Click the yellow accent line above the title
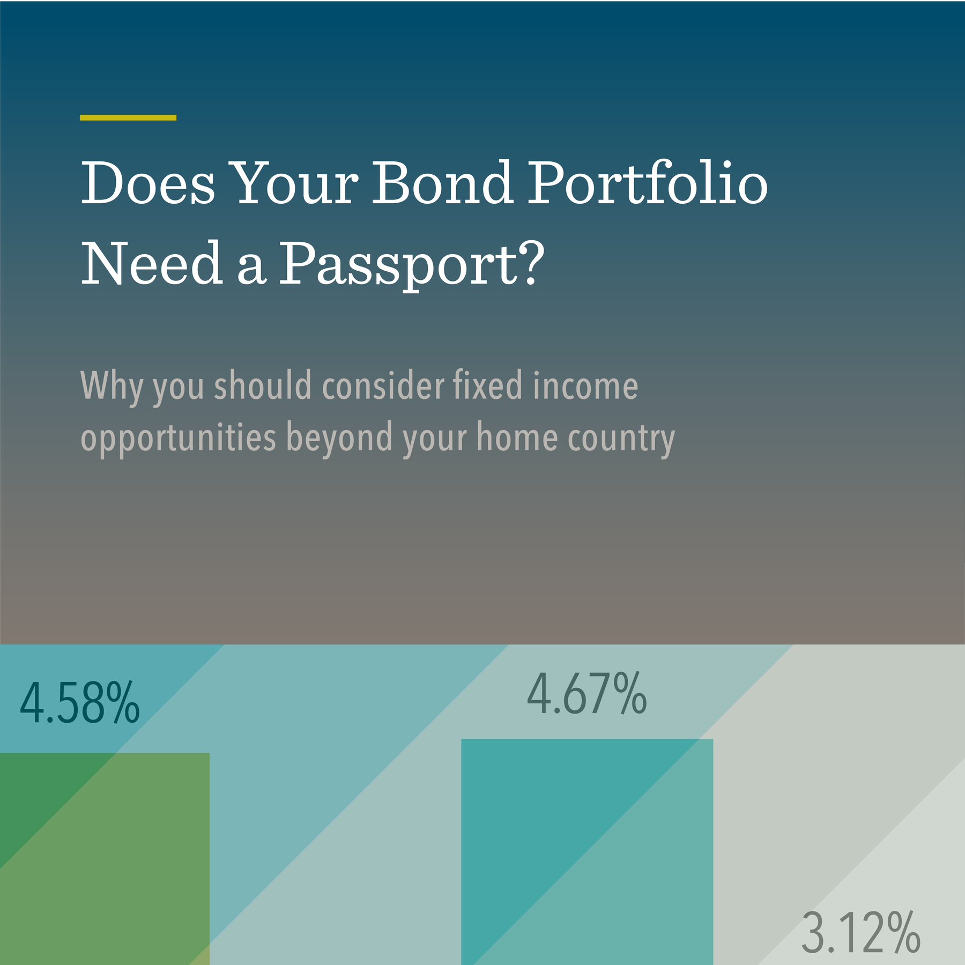pos(128,117)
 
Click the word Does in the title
pos(147,183)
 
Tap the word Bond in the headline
pos(442,183)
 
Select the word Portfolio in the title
pos(647,183)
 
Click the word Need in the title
pos(152,264)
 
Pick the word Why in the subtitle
pos(110,386)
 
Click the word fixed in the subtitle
pos(487,386)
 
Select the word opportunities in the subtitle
pos(178,438)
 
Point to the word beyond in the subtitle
pos(340,438)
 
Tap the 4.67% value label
pos(587,695)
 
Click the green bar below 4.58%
pos(105,858)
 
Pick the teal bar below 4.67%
pos(587,852)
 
